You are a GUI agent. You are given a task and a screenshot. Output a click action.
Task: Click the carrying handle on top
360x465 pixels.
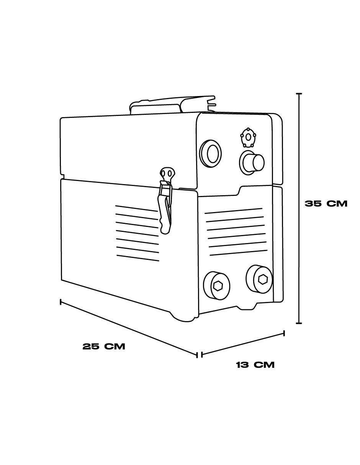click(171, 104)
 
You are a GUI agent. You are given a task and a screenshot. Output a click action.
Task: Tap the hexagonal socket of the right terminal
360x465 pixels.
click(263, 279)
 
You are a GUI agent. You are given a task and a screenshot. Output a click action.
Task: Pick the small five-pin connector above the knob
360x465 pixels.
click(248, 137)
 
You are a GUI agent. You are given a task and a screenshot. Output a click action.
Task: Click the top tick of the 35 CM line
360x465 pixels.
click(299, 94)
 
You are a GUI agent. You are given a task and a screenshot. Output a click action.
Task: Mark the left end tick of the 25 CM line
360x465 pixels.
click(61, 302)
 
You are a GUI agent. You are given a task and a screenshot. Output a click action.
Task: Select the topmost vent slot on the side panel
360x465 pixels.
click(136, 208)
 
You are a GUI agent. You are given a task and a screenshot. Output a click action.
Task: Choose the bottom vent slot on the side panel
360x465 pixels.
click(138, 258)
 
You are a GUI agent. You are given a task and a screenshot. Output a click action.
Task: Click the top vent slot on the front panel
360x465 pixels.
click(234, 210)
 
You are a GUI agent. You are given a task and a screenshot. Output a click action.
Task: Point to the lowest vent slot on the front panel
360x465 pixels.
click(239, 253)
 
